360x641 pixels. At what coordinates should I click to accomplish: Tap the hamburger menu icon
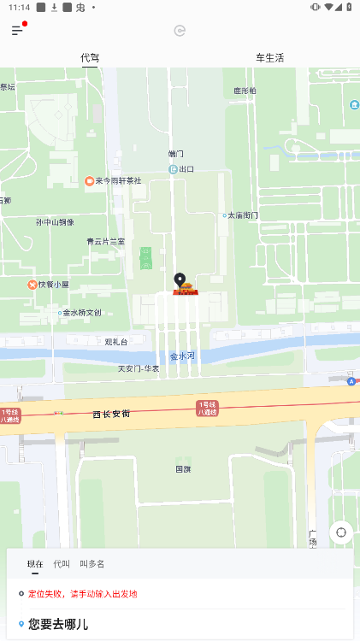17,31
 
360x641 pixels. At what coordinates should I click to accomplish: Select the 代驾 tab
90,58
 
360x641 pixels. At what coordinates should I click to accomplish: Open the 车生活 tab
269,58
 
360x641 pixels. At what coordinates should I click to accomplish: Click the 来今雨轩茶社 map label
117,181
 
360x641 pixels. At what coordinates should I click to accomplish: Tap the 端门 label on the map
176,154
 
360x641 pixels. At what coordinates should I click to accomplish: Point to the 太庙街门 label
242,215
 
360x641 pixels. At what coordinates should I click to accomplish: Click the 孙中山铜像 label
55,222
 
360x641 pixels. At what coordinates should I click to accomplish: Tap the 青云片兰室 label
105,242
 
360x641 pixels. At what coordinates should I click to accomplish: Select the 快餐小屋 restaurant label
53,285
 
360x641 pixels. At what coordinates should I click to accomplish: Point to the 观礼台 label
116,342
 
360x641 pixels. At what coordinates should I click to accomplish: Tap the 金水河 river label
182,356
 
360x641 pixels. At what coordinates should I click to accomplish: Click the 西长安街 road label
111,414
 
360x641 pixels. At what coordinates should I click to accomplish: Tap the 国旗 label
183,469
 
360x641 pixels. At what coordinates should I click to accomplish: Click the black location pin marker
180,280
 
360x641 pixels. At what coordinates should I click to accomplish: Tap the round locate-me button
341,532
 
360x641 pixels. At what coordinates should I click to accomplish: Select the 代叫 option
62,564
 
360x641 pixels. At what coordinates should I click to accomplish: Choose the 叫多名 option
92,564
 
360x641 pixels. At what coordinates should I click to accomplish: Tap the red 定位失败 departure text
82,593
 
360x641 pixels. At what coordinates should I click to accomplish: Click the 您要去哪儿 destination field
58,624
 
